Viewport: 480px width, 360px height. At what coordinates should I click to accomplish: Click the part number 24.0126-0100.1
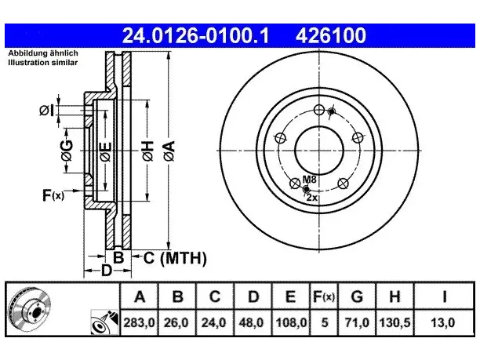[x=195, y=35]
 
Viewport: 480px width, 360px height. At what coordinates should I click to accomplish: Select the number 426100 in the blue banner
[x=331, y=35]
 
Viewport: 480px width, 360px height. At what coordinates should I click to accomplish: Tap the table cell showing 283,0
[x=140, y=322]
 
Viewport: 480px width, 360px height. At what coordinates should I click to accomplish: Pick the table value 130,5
[x=395, y=322]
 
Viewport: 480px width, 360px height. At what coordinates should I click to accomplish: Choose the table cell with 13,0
[x=443, y=322]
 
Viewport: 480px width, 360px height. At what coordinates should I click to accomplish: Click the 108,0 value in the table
[x=291, y=322]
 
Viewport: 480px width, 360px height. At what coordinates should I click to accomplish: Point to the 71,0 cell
[x=357, y=322]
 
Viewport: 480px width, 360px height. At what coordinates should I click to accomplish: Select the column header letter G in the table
[x=357, y=296]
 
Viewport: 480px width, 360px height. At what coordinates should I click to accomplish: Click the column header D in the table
[x=253, y=296]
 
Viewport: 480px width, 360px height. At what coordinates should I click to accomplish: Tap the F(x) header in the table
[x=324, y=296]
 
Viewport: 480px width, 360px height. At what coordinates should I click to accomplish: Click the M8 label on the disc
[x=309, y=180]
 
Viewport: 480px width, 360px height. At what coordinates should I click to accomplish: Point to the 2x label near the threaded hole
[x=311, y=198]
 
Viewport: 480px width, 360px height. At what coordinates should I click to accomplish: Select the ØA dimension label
[x=169, y=151]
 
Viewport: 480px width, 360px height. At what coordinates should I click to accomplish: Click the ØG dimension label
[x=67, y=151]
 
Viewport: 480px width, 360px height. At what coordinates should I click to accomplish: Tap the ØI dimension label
[x=47, y=111]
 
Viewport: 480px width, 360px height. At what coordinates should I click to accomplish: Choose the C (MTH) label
[x=175, y=258]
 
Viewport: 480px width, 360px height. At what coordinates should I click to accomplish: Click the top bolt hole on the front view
[x=319, y=110]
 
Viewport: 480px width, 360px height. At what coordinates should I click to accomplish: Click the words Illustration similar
[x=43, y=63]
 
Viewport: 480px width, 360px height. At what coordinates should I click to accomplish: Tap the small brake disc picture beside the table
[x=30, y=309]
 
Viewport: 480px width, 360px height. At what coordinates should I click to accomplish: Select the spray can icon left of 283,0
[x=104, y=322]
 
